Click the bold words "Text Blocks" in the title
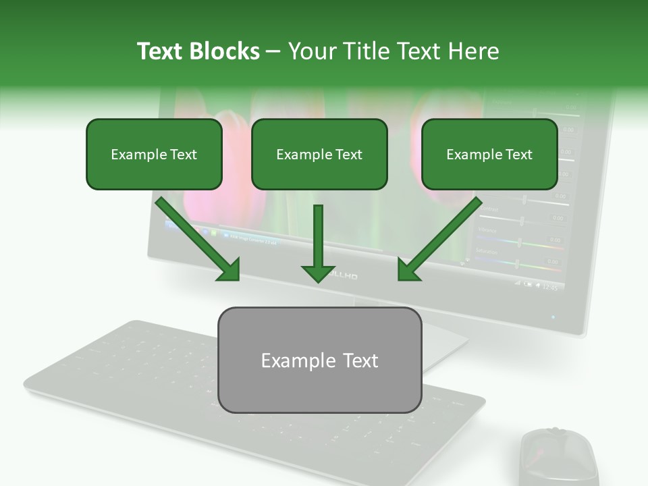click(x=198, y=51)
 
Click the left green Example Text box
click(x=154, y=154)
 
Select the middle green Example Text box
click(x=319, y=154)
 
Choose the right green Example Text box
click(x=489, y=154)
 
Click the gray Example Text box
click(x=319, y=360)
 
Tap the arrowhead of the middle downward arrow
click(x=319, y=273)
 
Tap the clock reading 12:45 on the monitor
click(x=550, y=288)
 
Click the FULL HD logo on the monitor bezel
click(x=344, y=276)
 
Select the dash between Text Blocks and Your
click(x=273, y=51)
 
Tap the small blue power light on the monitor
click(x=553, y=317)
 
